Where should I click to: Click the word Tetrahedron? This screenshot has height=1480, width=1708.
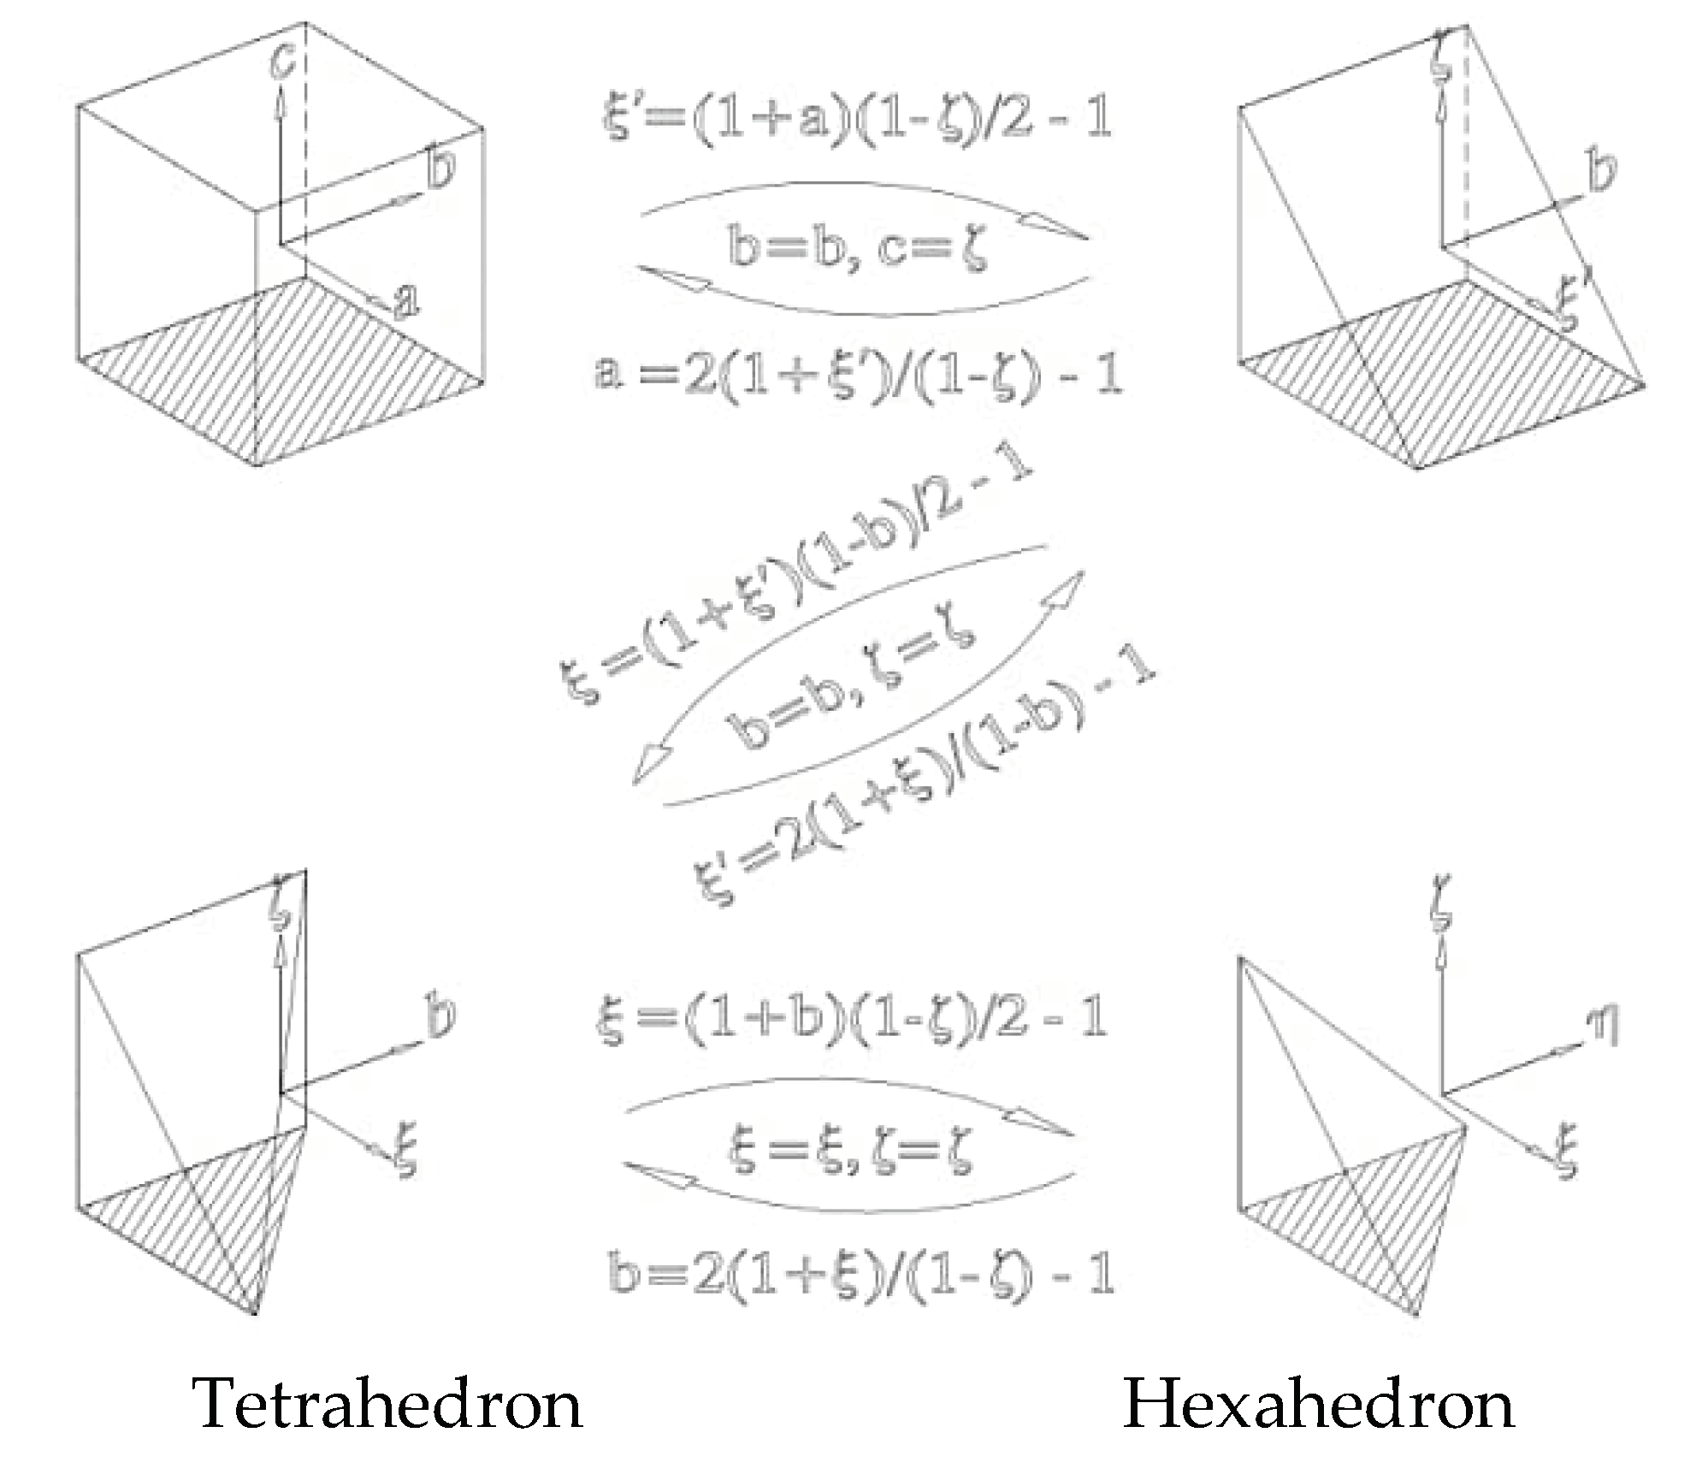click(x=389, y=1404)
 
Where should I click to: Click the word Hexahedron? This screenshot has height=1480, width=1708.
click(x=1318, y=1404)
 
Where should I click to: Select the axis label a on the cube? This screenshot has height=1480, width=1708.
click(x=407, y=299)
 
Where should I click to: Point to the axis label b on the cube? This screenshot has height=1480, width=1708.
click(x=440, y=167)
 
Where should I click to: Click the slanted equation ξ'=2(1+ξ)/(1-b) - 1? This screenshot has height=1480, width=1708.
click(x=924, y=783)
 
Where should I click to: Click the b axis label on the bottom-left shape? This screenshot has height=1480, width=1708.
click(x=440, y=1016)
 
